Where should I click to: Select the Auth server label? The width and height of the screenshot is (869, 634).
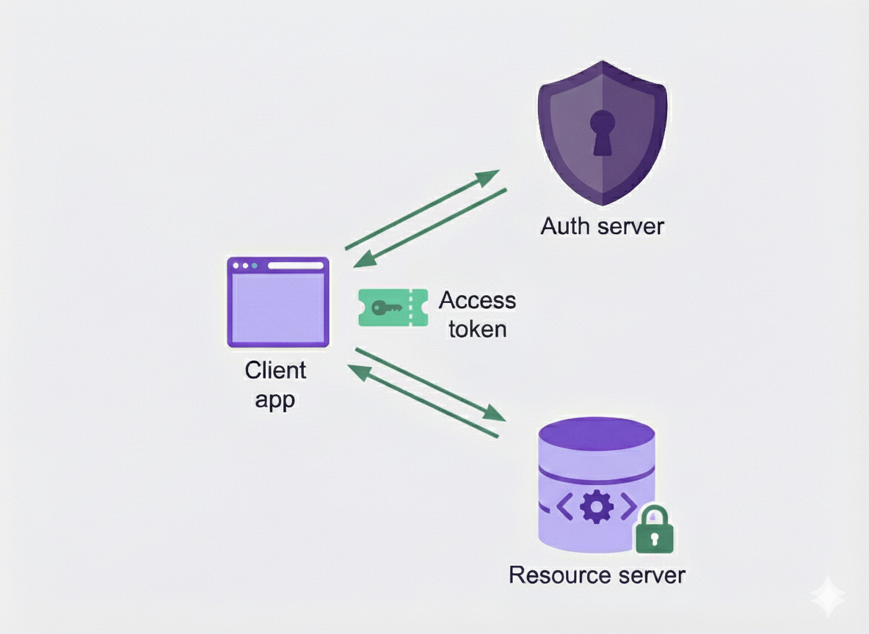(x=602, y=226)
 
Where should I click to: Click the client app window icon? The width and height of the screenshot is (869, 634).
(x=277, y=302)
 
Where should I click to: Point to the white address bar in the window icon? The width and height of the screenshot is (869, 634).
(x=295, y=266)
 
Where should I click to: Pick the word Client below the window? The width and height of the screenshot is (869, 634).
(x=275, y=370)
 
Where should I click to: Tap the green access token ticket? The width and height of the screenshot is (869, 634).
(x=393, y=307)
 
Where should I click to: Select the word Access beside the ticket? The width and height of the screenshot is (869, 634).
(x=477, y=300)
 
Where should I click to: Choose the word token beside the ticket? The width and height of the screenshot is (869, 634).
(x=477, y=329)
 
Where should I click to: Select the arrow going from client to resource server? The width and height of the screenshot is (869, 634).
(x=431, y=385)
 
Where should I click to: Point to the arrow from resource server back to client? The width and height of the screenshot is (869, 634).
(x=422, y=401)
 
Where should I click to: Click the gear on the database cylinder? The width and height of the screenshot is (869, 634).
(x=595, y=506)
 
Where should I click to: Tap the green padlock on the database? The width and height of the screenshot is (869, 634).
(x=653, y=530)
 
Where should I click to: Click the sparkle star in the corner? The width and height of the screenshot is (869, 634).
(x=828, y=597)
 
